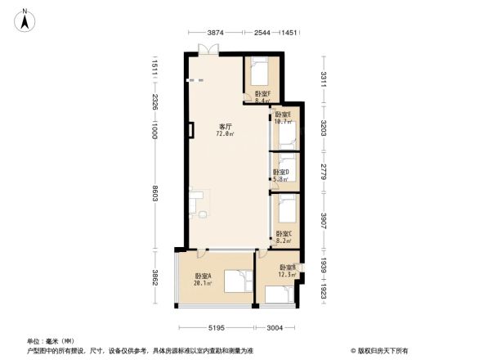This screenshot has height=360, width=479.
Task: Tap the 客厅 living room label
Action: click(225, 127)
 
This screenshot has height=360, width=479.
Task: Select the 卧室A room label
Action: click(203, 277)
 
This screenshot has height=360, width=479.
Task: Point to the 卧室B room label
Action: click(288, 268)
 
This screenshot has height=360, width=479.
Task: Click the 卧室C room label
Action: click(284, 234)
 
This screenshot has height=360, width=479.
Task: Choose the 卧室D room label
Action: click(280, 172)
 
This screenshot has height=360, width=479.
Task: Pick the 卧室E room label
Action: click(283, 115)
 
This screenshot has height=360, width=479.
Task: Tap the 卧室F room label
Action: click(262, 94)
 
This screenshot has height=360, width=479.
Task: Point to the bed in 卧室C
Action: click(285, 209)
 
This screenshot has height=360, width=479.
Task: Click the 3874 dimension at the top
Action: click(216, 33)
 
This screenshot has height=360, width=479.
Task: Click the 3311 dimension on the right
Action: click(325, 79)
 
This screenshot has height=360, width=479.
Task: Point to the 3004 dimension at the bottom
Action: click(273, 328)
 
